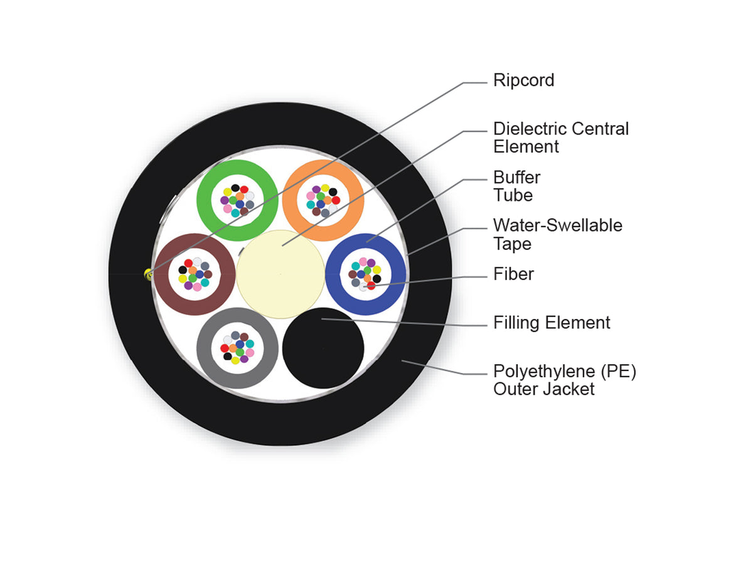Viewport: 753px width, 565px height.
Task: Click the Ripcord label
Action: click(x=523, y=80)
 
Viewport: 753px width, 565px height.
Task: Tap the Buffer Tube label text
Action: click(x=516, y=186)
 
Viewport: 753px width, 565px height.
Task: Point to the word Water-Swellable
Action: click(x=558, y=225)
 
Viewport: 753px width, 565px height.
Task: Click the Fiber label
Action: click(x=513, y=274)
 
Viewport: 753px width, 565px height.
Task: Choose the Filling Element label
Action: click(x=552, y=323)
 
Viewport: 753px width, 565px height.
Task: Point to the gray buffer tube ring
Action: click(x=206, y=348)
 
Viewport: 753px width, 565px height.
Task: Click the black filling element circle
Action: click(x=323, y=348)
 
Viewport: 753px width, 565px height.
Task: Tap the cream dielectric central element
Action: click(x=280, y=274)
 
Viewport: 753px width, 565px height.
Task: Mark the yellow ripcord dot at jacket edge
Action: click(x=149, y=275)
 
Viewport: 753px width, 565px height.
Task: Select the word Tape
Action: click(x=512, y=244)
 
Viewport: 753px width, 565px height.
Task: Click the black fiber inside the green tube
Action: click(x=235, y=188)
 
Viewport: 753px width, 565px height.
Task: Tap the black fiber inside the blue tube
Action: click(x=376, y=279)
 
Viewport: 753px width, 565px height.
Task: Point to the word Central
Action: click(x=600, y=129)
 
